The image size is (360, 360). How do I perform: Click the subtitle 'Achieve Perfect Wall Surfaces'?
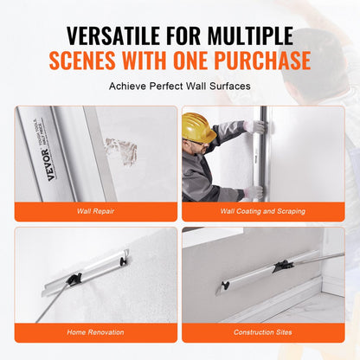click(x=179, y=87)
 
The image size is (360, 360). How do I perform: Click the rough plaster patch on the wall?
click(x=121, y=151)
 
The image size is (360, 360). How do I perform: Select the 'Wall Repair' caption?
click(x=95, y=209)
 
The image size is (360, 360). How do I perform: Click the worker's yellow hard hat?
click(x=198, y=126)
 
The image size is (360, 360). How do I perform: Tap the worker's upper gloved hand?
click(x=254, y=127)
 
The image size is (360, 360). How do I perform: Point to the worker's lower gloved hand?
click(x=253, y=192)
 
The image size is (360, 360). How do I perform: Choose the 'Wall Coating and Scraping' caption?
click(x=263, y=209)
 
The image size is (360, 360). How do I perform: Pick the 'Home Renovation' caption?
click(x=95, y=331)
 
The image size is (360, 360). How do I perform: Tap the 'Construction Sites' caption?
click(x=263, y=331)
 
